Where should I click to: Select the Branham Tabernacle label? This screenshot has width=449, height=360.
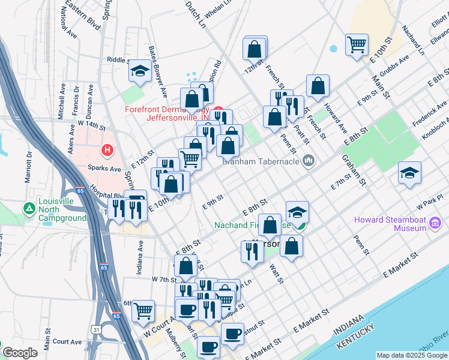click(262, 161)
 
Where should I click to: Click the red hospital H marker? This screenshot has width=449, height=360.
click(107, 149)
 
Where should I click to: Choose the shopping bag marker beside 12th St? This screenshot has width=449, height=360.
click(255, 47)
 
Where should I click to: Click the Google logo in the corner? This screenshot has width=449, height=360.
click(20, 353)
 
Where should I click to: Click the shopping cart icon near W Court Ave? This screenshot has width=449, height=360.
click(143, 310)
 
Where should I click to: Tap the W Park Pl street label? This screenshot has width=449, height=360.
click(431, 199)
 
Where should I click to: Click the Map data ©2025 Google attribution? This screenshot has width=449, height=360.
click(412, 355)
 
